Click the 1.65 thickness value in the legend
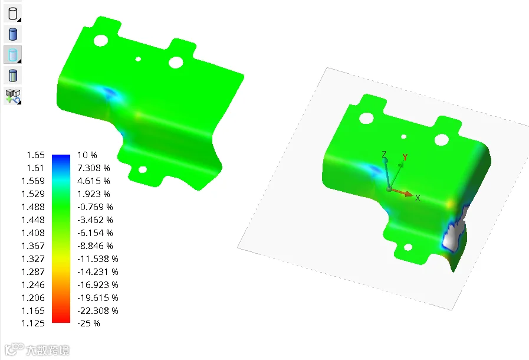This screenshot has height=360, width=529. click(35, 155)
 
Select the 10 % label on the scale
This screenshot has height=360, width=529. click(87, 155)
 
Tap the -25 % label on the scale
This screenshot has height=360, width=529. click(88, 323)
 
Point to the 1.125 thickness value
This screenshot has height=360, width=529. click(32, 323)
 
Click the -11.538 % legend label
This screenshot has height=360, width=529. click(97, 258)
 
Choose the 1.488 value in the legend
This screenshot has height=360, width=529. click(32, 207)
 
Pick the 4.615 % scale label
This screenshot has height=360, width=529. click(93, 181)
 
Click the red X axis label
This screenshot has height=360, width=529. click(418, 198)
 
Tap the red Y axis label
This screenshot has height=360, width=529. click(405, 157)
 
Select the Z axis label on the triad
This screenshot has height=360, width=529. click(384, 155)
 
